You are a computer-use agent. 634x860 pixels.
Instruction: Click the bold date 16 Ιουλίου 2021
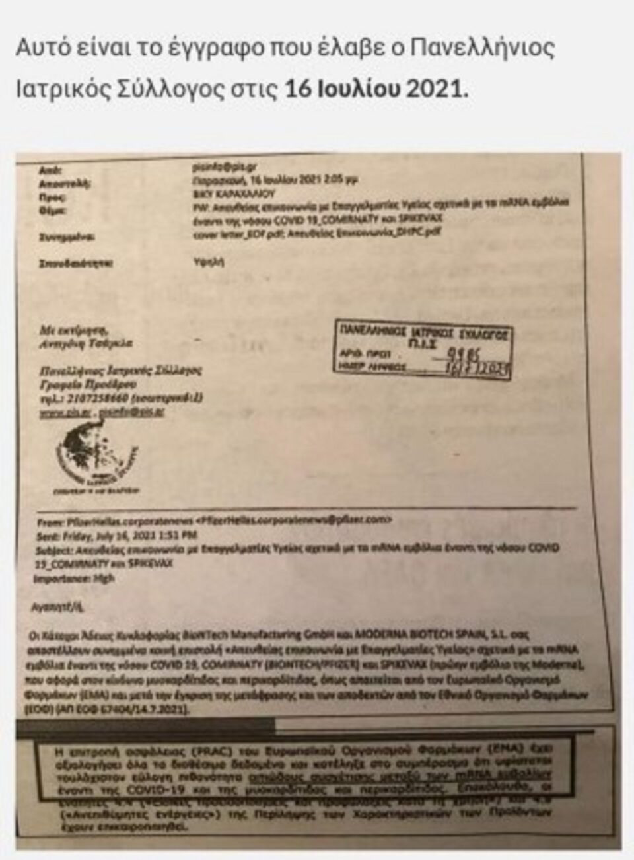pos(375,89)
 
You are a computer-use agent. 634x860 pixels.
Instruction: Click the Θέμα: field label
pos(52,211)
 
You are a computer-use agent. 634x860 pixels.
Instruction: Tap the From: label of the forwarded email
pos(50,522)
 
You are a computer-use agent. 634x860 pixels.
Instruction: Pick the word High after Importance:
pos(104,579)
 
